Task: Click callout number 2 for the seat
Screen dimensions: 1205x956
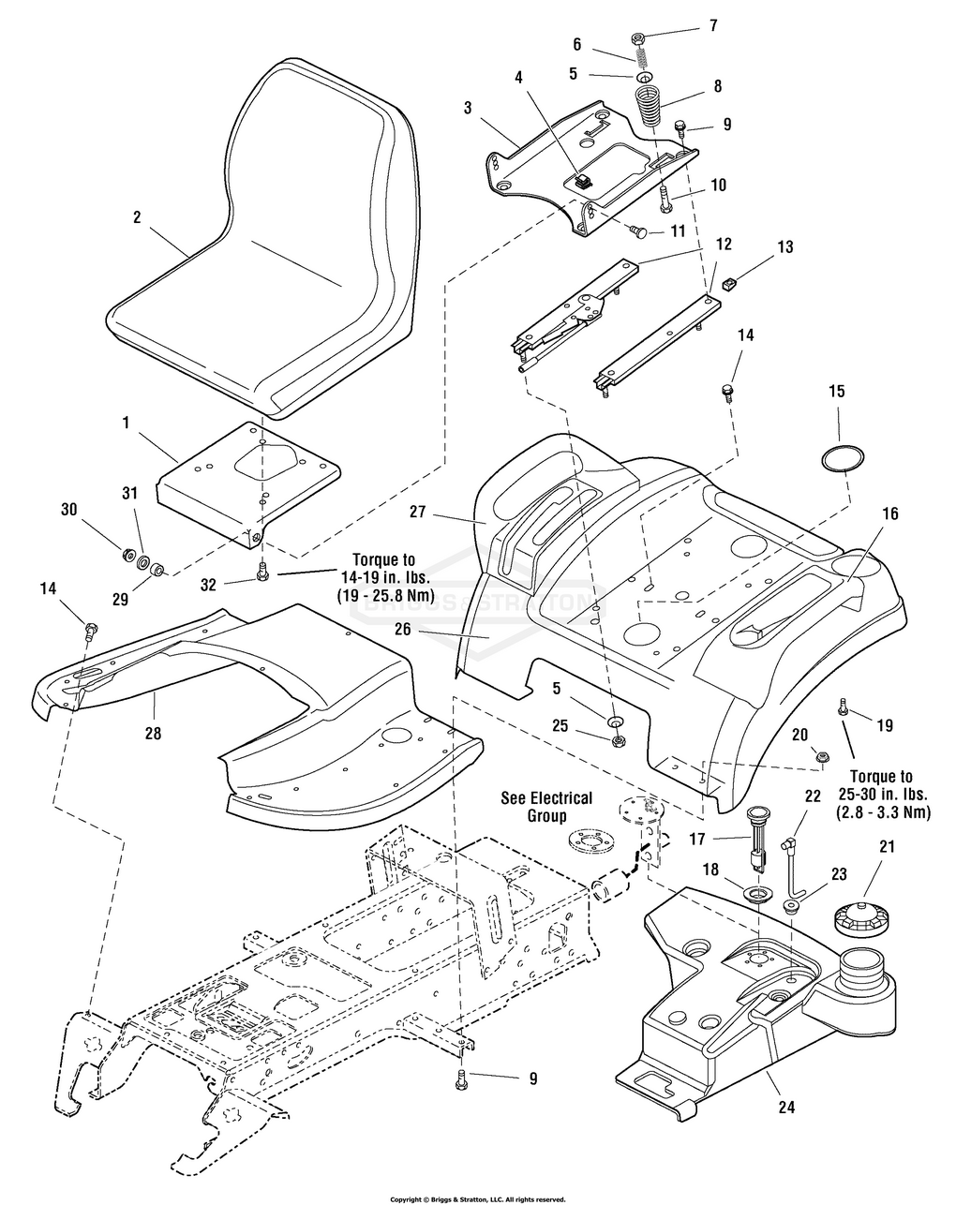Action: [137, 217]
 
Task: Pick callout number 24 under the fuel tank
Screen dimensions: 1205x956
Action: [786, 1107]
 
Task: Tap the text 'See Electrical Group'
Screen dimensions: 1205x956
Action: [546, 807]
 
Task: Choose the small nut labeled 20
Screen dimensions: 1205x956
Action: [822, 755]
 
